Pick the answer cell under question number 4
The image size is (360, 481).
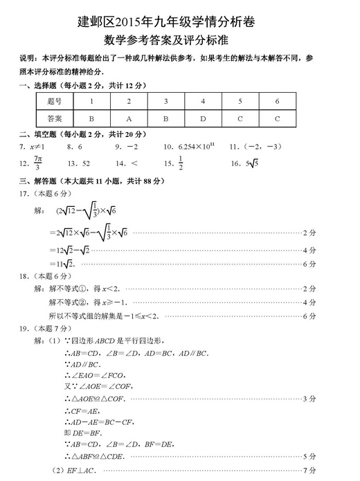[x=203, y=118]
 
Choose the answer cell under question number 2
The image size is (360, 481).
[x=129, y=118]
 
